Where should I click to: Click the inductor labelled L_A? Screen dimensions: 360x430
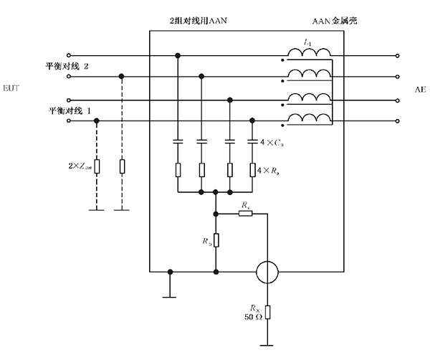click(x=309, y=52)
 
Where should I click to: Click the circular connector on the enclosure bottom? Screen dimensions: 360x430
click(x=267, y=272)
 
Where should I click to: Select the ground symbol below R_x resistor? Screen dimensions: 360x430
click(x=267, y=343)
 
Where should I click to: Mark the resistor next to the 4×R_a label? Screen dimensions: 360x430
click(x=253, y=169)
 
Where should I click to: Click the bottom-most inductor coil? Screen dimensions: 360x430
click(x=309, y=118)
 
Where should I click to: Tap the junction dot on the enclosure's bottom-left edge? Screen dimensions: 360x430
click(x=170, y=272)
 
